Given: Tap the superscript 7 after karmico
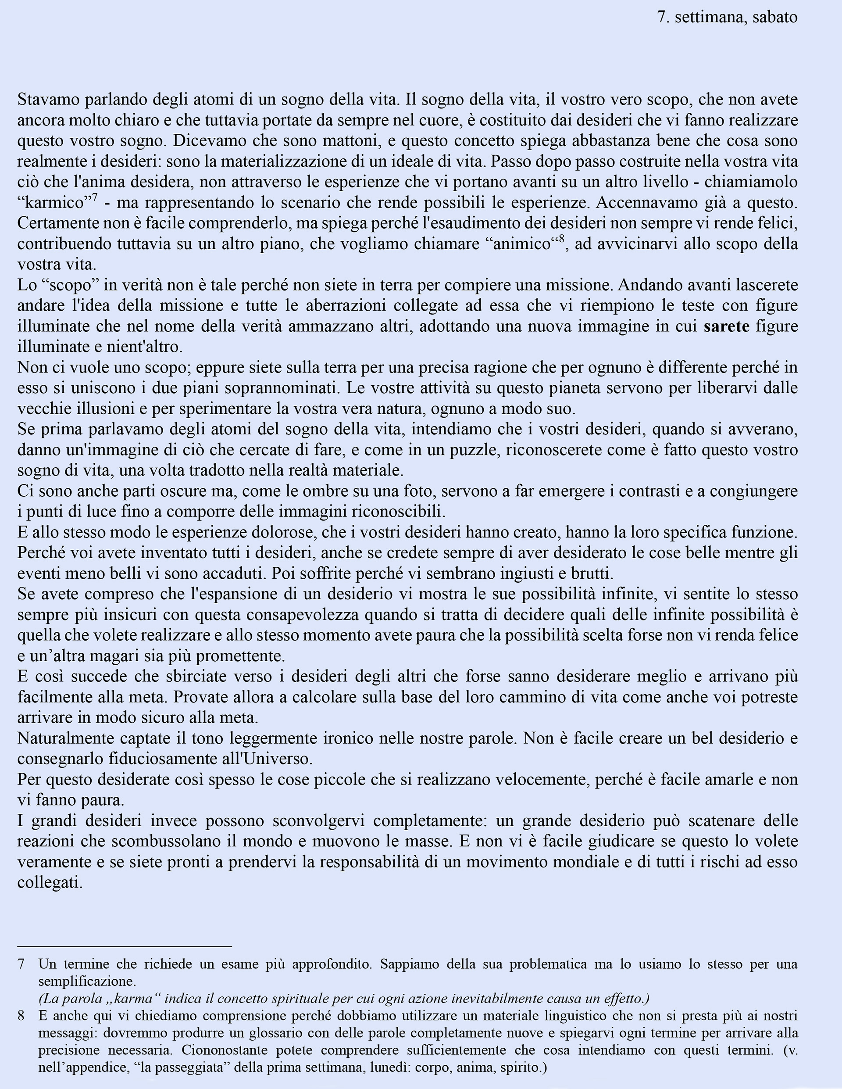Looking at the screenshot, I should pyautogui.click(x=94, y=197).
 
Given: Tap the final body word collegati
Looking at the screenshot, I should pyautogui.click(x=50, y=883).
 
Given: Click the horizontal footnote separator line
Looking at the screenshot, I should pyautogui.click(x=125, y=946).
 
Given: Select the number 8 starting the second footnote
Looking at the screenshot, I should pyautogui.click(x=21, y=1015).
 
